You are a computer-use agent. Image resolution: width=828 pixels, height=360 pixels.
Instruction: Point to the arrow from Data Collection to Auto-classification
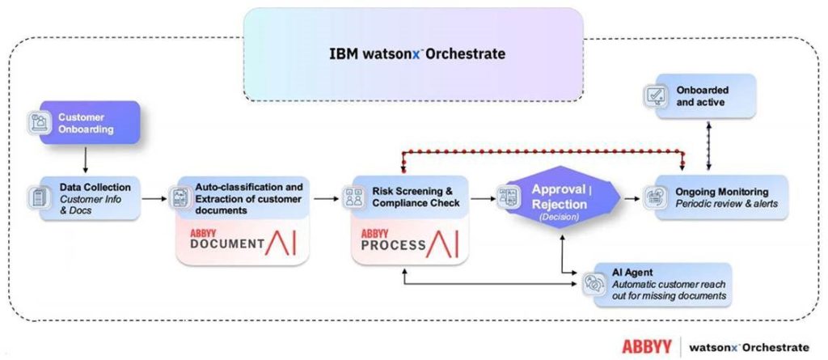[x=155, y=197]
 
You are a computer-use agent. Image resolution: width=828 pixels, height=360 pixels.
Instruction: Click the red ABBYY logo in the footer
[x=646, y=345]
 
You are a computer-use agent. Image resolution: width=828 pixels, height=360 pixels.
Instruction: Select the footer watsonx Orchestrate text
[x=749, y=346]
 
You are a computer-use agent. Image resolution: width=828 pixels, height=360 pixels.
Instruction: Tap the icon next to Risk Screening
[x=353, y=197]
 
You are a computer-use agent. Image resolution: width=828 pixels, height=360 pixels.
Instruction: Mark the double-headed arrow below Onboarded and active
[x=709, y=146]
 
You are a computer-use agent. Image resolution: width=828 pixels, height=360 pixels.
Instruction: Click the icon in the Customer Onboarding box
[x=39, y=123]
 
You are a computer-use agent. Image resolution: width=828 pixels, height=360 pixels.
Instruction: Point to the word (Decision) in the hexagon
[x=559, y=217]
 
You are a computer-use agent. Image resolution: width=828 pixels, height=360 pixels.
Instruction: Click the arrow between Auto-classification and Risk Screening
[x=325, y=197]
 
